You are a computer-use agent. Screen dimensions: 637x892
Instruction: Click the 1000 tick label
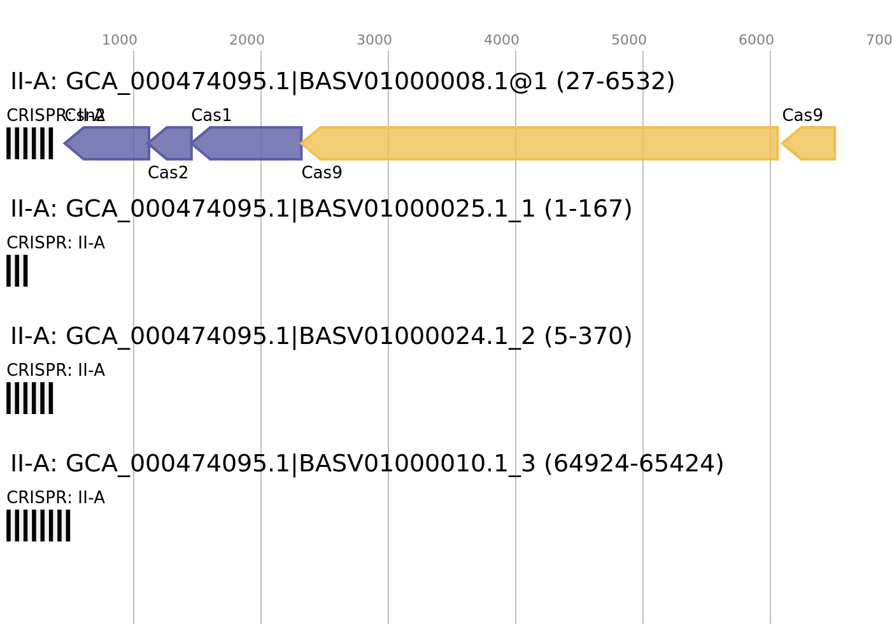point(119,40)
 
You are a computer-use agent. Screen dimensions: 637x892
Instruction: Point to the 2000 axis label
point(246,40)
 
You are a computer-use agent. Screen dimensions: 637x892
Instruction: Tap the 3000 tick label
point(374,40)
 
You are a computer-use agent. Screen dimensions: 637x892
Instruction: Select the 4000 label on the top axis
point(501,40)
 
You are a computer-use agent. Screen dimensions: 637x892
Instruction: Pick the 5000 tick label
point(628,40)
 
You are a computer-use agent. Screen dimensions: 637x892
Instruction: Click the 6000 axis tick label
point(756,40)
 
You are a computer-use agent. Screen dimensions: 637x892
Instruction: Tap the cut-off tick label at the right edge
point(879,40)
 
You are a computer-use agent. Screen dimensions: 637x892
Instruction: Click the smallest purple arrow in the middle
point(173,143)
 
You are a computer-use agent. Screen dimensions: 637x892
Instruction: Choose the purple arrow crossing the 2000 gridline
point(251,143)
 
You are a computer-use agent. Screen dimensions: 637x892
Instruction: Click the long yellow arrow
point(541,143)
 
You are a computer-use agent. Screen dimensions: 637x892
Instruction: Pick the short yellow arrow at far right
point(812,143)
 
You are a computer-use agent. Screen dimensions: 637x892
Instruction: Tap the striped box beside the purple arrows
point(30,143)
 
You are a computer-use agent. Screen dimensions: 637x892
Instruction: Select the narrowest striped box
point(17,271)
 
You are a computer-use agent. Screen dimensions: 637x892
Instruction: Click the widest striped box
point(38,526)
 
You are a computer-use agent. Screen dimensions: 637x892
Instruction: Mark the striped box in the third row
point(30,398)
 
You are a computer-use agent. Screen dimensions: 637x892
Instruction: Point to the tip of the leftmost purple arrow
point(64,143)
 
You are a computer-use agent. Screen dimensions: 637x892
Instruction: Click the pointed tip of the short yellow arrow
point(782,143)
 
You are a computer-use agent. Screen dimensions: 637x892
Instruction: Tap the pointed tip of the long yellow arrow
point(302,143)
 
